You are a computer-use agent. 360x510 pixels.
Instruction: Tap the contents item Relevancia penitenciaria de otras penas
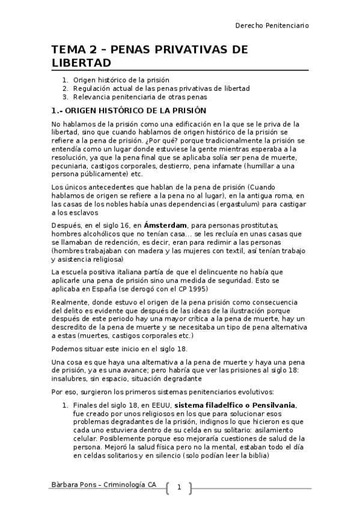140,96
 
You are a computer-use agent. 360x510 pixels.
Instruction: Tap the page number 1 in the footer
178,487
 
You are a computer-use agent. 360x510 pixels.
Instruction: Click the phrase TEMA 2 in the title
78,49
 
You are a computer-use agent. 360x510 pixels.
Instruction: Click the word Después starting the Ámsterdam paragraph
67,225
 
